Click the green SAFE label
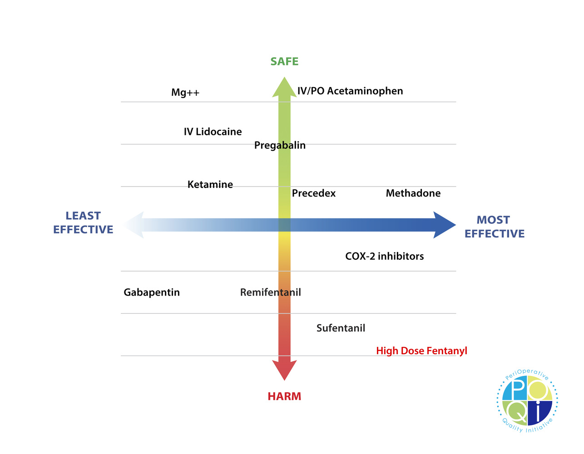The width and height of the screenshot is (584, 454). pos(284,61)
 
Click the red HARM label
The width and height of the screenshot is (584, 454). pos(284,396)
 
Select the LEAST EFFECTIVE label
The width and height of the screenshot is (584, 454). pos(83,222)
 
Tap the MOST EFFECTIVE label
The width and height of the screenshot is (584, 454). pos(494,227)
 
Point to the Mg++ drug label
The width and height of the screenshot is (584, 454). pos(185,93)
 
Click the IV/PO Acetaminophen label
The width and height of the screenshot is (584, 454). pos(350,91)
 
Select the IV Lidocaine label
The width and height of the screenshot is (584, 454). pos(213,132)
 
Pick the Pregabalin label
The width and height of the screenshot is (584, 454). pos(280,145)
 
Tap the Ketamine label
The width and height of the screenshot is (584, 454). pos(210,184)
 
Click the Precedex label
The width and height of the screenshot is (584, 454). pos(314,193)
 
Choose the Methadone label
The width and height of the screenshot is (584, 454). pos(413,193)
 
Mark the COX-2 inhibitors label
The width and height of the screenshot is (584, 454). pos(385,256)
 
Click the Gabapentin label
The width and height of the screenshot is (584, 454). pos(152,292)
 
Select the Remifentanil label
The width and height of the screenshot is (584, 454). pos(271,292)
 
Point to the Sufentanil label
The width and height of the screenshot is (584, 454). pos(341,328)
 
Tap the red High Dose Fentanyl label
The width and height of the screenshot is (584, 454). pos(421,351)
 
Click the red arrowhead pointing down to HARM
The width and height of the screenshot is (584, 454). pos(284,370)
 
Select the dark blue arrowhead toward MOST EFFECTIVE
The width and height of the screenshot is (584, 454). pos(444,225)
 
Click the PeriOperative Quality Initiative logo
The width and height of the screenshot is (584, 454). pos(527,401)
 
